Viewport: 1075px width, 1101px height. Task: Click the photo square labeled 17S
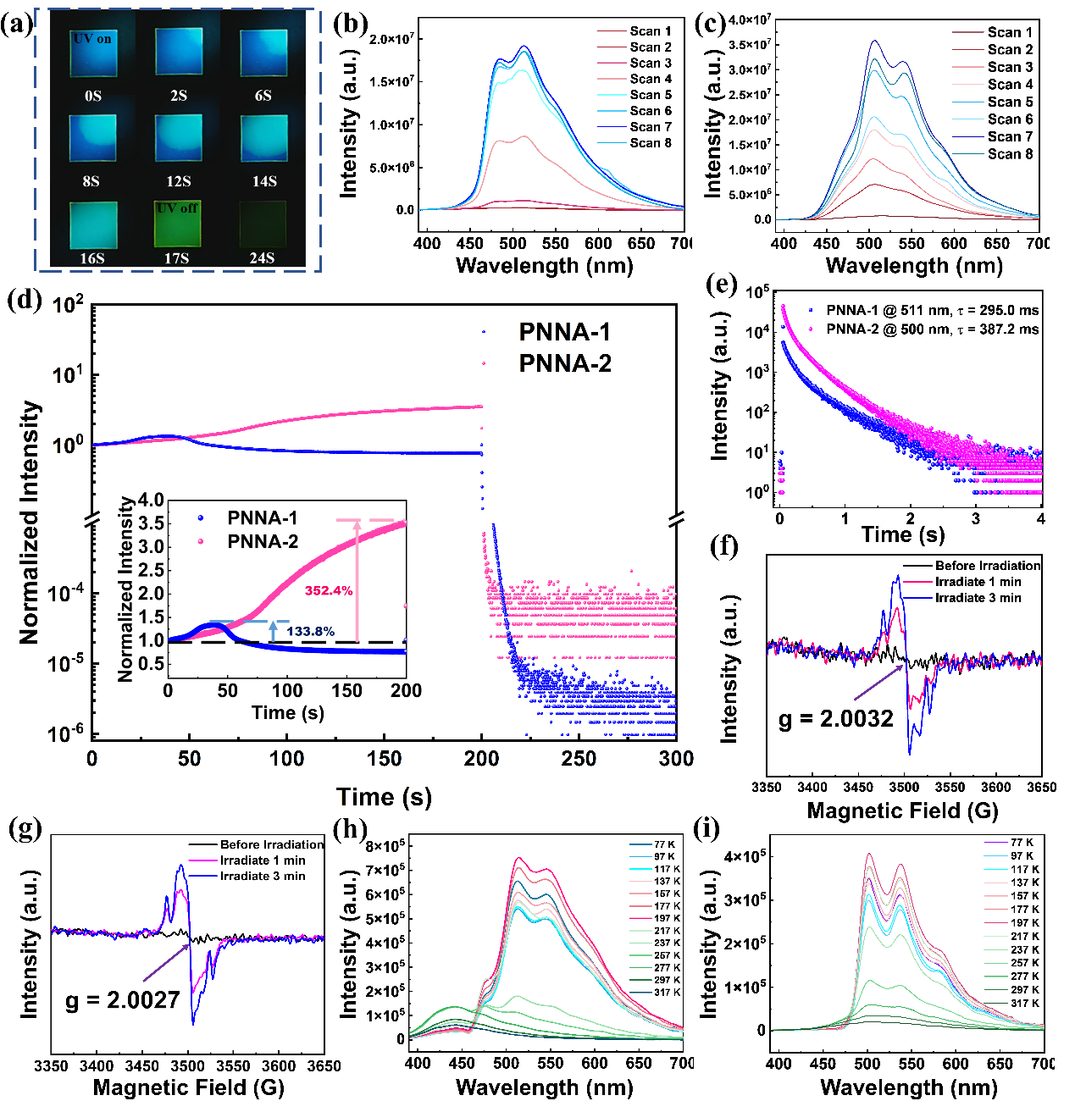tap(178, 224)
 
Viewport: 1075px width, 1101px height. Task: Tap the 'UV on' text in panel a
tap(92, 39)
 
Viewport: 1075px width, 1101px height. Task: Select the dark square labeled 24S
tap(263, 224)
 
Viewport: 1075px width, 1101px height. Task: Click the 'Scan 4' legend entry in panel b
tap(650, 79)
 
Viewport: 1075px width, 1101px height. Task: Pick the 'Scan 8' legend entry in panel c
tap(1010, 154)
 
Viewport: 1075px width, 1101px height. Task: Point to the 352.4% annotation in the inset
tap(329, 590)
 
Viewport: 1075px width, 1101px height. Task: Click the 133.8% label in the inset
tap(310, 631)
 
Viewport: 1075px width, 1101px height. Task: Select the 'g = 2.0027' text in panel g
tap(123, 1000)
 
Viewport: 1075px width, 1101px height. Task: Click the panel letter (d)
tap(23, 301)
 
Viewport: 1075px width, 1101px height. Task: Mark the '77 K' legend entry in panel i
tap(1022, 843)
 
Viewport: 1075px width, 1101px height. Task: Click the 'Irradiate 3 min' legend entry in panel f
tap(978, 598)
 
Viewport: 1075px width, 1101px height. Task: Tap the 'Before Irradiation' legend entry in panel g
tap(271, 844)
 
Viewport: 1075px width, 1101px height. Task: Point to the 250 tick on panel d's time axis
tap(579, 758)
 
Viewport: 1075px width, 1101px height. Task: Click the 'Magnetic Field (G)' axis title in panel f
tap(902, 811)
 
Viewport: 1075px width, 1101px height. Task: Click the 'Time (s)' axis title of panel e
tap(902, 534)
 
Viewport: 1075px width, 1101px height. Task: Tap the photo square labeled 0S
tap(92, 53)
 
